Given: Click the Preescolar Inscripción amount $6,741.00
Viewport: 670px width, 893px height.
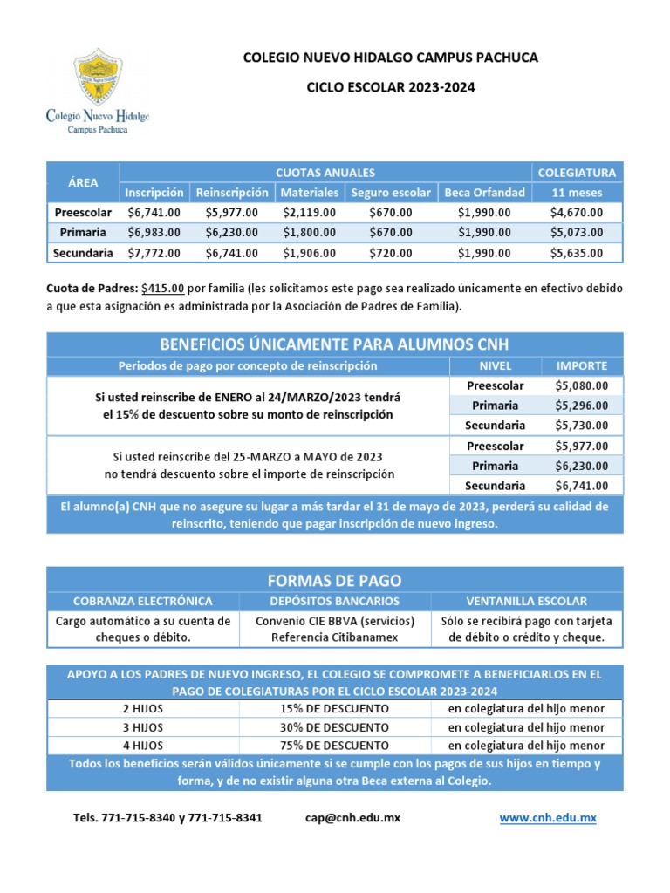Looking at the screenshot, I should [154, 212].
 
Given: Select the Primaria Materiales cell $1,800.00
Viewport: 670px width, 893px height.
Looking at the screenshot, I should [310, 233].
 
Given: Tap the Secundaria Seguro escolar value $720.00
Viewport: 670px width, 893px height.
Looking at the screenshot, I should [390, 253].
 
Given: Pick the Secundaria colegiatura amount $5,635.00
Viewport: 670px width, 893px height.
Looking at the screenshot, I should [576, 253].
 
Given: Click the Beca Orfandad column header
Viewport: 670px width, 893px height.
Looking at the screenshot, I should [484, 192].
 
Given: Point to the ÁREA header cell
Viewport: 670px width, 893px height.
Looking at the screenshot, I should [83, 182].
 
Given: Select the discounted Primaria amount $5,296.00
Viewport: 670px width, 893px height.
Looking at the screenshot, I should [582, 406].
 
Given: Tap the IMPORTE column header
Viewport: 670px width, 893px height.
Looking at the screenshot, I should [582, 365].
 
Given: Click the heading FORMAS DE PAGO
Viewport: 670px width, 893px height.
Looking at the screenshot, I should [335, 581].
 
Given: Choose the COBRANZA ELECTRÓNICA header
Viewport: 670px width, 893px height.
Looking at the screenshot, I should [142, 602].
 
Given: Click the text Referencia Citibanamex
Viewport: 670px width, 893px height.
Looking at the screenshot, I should [335, 637].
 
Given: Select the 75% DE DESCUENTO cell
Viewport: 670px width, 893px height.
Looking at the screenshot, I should [335, 746].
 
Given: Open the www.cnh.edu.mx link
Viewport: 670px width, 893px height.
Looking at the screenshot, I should [548, 818].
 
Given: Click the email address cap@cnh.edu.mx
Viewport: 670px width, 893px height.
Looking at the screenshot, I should [352, 818].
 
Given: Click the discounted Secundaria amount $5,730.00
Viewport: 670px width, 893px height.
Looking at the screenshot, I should [582, 426].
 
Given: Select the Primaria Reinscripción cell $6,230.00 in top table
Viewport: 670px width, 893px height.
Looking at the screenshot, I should [232, 233].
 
